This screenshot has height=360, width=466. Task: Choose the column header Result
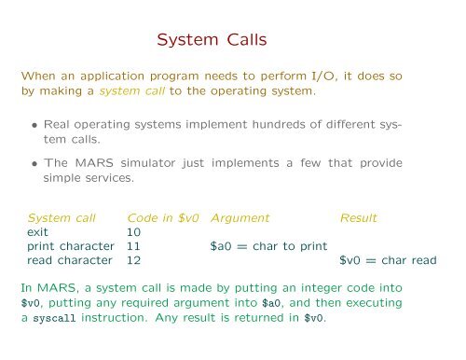point(359,216)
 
